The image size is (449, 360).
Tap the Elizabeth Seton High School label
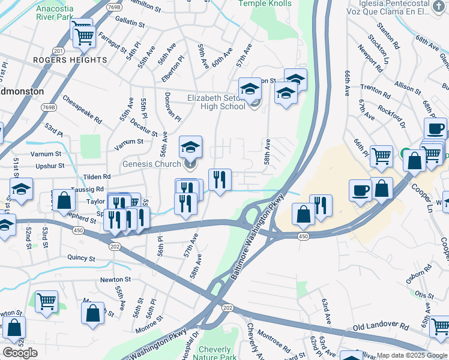click(x=216, y=102)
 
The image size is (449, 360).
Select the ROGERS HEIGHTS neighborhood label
click(x=70, y=60)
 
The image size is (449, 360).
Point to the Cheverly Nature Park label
click(x=214, y=353)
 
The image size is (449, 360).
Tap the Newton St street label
click(x=115, y=280)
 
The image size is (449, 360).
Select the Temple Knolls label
click(x=265, y=4)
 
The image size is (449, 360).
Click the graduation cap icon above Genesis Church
click(x=190, y=146)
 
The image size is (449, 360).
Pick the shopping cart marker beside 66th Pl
click(x=381, y=156)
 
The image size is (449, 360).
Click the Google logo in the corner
click(x=20, y=353)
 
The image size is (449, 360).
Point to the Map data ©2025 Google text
click(x=412, y=355)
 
